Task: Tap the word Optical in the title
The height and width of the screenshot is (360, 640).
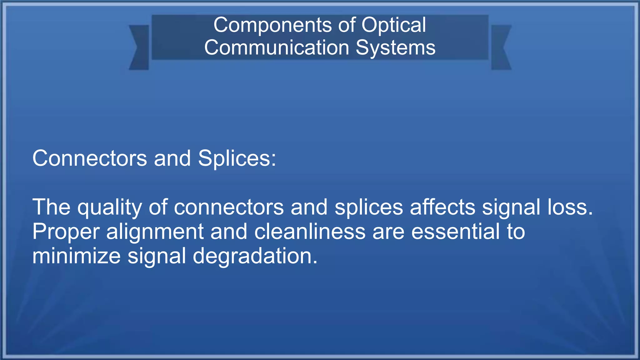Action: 394,25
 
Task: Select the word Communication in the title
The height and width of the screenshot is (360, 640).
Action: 277,48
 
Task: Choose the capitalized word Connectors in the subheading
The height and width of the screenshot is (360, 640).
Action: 89,158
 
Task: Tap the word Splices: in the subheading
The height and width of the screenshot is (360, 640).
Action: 237,158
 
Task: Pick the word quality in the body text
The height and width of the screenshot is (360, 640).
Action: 109,207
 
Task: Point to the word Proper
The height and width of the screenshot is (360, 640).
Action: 66,232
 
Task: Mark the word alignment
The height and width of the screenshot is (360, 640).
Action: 155,232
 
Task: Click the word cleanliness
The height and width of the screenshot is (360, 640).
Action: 310,232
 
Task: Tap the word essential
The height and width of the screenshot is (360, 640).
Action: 455,232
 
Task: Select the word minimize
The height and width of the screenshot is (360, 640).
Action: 76,256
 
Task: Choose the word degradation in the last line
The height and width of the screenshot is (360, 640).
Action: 255,256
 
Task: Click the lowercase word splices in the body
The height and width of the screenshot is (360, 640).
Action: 369,207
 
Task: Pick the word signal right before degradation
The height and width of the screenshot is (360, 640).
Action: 157,256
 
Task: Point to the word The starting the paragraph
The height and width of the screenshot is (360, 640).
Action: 51,207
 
